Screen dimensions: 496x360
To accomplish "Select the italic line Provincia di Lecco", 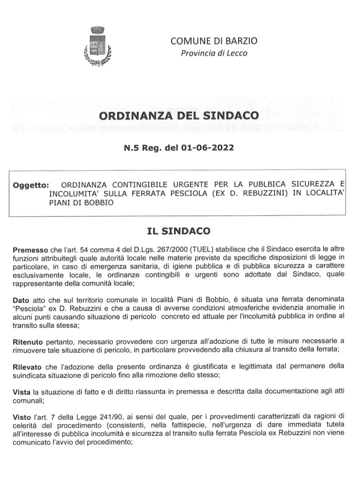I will [x=214, y=53].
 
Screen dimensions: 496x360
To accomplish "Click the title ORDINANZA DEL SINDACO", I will [x=179, y=116].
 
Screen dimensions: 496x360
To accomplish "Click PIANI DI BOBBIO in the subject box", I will [x=81, y=203].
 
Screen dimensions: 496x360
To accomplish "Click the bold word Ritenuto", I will [x=26, y=341].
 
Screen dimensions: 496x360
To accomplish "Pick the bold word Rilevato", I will [x=27, y=367].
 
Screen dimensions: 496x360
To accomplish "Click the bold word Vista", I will [x=21, y=393].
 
